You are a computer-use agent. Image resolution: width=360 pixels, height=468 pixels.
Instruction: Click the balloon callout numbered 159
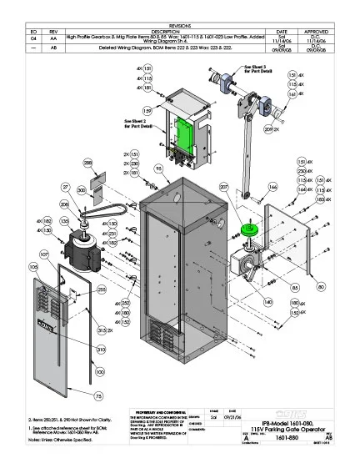(147, 110)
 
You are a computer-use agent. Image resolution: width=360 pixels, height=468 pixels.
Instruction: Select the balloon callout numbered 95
(158, 169)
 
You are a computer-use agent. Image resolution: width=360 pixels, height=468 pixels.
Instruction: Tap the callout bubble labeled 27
(65, 187)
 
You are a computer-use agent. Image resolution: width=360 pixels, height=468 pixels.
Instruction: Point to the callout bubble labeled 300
(82, 191)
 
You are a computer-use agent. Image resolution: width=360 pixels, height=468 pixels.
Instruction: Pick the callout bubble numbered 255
(101, 289)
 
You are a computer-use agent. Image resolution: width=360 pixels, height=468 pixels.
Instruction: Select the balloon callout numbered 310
(100, 350)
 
